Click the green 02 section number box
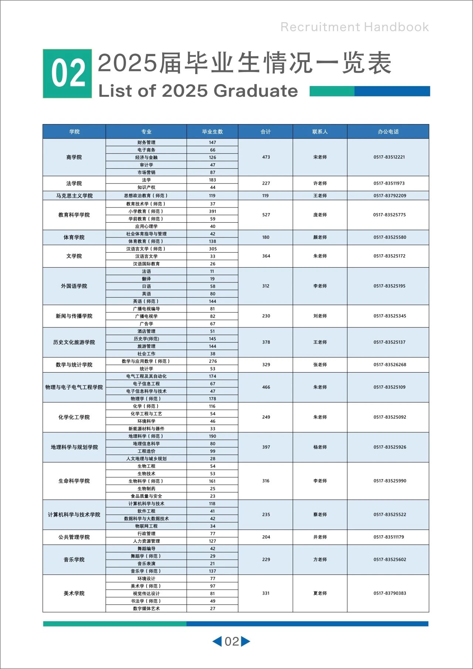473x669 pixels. [67, 73]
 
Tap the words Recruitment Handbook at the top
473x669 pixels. [354, 27]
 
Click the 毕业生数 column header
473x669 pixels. [212, 132]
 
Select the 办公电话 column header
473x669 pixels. [388, 132]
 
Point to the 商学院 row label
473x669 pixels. [74, 157]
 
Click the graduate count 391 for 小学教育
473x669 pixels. [212, 212]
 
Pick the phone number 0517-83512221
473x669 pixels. [389, 157]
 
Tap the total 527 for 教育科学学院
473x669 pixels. [266, 215]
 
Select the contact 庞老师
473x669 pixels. [320, 215]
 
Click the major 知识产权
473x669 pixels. [146, 188]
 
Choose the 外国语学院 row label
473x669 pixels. [74, 286]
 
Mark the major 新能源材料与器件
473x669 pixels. [146, 429]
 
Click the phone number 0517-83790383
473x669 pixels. [389, 593]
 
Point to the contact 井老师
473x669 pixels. [320, 537]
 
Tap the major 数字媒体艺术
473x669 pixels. [146, 608]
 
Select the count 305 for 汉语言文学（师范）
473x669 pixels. [213, 249]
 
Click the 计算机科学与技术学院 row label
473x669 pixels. [74, 515]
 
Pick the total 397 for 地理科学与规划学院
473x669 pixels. [266, 447]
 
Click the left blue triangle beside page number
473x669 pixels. [217, 641]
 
